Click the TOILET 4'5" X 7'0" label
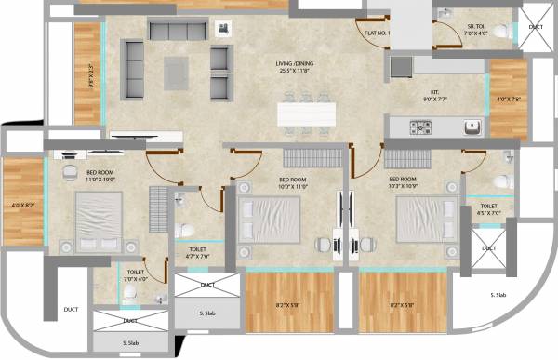coord(488,209)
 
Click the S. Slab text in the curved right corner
coord(498,295)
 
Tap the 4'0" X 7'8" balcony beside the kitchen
coord(508,98)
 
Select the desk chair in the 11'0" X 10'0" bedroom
coord(70,173)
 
